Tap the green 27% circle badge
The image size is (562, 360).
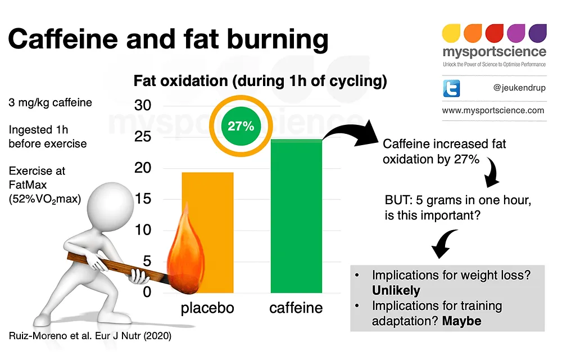[241, 126]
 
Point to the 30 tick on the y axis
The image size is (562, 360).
[143, 106]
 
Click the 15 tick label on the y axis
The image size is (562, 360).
[143, 199]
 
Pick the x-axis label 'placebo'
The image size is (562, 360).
[207, 308]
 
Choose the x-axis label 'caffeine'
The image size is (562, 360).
[296, 308]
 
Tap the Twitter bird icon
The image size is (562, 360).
[451, 88]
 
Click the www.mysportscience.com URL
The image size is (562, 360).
[493, 110]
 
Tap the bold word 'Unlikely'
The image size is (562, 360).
[396, 291]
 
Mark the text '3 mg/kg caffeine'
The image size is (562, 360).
[50, 103]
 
